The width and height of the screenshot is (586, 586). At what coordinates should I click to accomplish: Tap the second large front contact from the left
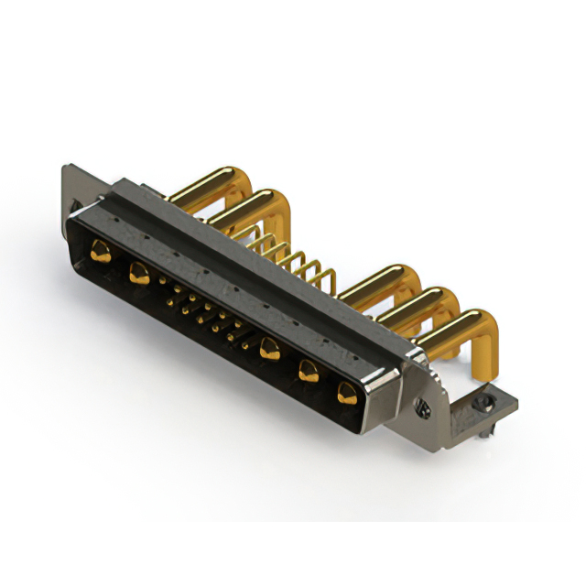(139, 272)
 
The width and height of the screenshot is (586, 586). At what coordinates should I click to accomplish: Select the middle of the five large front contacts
(269, 348)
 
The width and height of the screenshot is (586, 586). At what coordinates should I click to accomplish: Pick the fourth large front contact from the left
(309, 372)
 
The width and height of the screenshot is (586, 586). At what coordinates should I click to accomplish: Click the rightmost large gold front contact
(346, 395)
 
